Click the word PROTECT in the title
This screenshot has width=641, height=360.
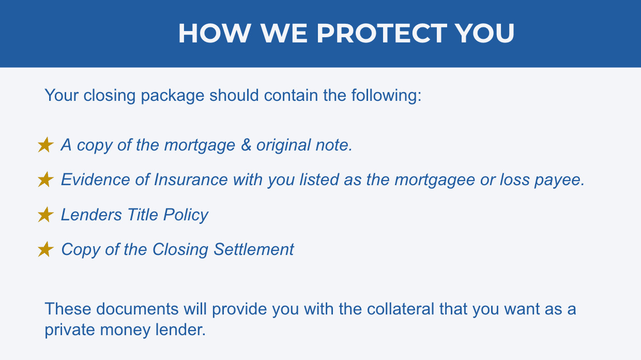(x=381, y=33)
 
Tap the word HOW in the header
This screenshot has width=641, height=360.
(x=215, y=33)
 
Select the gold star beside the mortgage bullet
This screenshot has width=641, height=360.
(x=45, y=145)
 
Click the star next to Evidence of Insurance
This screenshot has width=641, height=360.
(x=45, y=179)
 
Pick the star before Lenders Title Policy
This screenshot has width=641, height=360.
(x=45, y=215)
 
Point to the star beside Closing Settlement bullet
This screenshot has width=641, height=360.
(x=45, y=249)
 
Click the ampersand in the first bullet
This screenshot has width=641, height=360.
(x=246, y=145)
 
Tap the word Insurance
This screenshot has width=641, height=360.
(x=191, y=179)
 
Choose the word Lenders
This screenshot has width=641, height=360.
(x=91, y=215)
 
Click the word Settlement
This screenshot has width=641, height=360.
(x=254, y=249)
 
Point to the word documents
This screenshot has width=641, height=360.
(x=138, y=309)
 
